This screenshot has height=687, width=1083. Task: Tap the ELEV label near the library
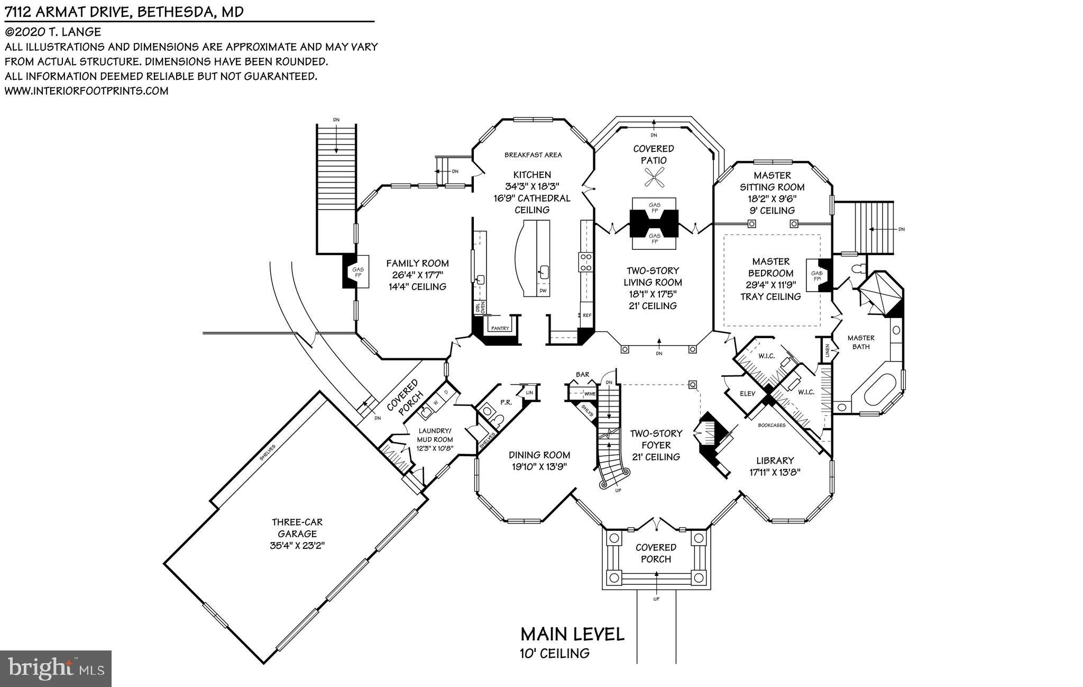748,394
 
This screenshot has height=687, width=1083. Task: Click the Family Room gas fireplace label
358,273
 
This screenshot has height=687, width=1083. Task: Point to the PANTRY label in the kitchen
500,329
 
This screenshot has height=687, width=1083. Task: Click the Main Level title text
572,634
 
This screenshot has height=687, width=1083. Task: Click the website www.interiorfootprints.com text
87,91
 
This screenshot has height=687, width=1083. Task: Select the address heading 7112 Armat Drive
125,12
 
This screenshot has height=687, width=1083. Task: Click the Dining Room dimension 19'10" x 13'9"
539,467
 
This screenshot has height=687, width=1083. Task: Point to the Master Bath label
861,342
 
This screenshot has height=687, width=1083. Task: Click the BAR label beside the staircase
582,375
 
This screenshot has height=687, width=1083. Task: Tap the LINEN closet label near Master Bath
827,350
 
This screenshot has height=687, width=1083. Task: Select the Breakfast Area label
533,155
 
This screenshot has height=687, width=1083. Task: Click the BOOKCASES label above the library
772,425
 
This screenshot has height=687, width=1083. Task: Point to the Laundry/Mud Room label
435,435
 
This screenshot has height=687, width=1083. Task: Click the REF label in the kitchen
587,315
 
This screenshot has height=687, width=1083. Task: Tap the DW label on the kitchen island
543,291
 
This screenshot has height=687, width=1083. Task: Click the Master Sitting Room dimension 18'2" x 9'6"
772,198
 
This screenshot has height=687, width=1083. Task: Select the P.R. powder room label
506,402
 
